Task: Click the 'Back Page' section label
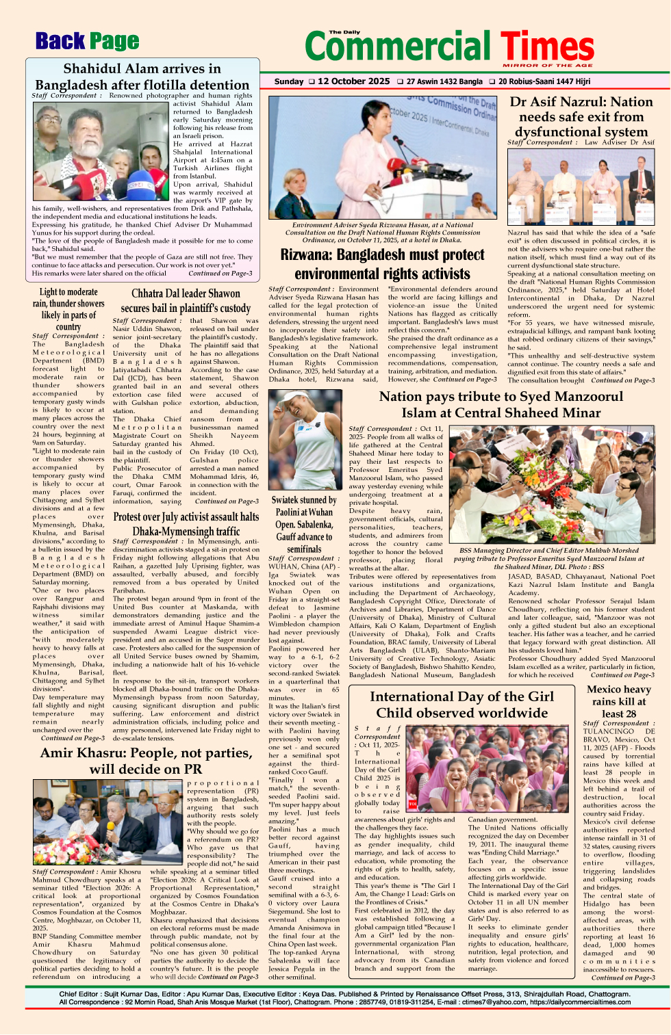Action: pos(87,42)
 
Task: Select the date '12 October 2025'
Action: pos(353,81)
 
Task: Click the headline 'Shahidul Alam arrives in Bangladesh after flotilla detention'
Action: pos(142,77)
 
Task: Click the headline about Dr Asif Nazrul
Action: pos(581,116)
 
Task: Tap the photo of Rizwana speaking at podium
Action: pos(383,157)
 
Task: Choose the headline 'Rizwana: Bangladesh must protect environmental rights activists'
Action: pos(382,264)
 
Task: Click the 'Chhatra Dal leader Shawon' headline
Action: pos(186,301)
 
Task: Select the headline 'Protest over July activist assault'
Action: pos(186,523)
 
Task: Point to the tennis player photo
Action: pos(305,440)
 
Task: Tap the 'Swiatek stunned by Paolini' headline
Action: pos(304,524)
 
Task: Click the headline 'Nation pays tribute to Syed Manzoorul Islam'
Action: pos(501,404)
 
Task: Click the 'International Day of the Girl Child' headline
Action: pos(461,705)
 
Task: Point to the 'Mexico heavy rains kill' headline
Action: pos(618,701)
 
